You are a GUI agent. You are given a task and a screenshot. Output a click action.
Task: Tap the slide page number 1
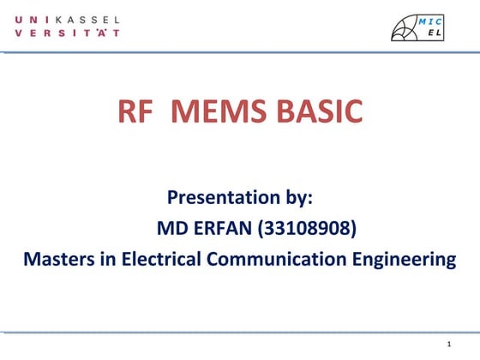[x=448, y=345]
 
